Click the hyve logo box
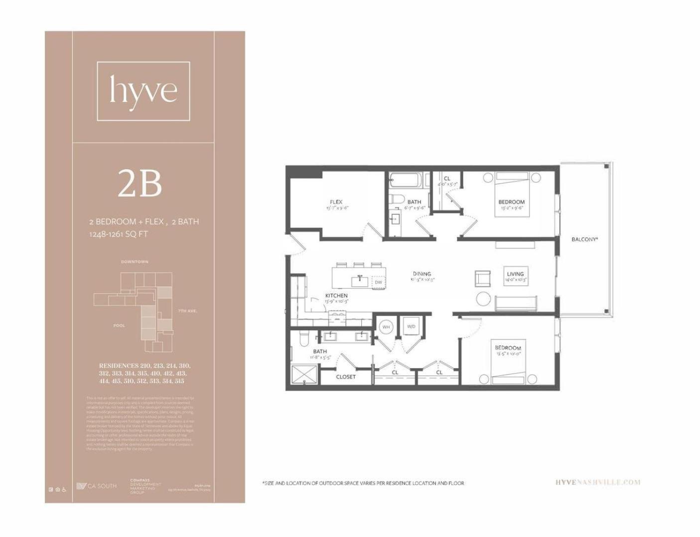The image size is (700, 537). click(x=143, y=91)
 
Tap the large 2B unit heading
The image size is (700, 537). click(x=140, y=183)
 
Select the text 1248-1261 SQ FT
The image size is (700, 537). click(x=119, y=234)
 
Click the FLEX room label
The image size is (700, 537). click(x=336, y=202)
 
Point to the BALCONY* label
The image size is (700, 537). click(x=584, y=239)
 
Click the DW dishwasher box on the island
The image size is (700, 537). click(x=378, y=282)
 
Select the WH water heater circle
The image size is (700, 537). click(x=386, y=327)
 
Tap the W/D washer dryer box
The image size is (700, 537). click(x=411, y=327)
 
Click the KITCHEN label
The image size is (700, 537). click(x=336, y=296)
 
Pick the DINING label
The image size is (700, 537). click(x=421, y=274)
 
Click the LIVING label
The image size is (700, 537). click(x=515, y=274)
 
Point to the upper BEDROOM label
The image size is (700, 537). click(x=511, y=202)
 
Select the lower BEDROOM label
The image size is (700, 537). click(x=508, y=348)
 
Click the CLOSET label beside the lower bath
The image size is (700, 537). click(x=346, y=377)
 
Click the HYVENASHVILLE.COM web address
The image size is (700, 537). click(x=597, y=482)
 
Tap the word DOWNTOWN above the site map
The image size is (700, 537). click(x=135, y=262)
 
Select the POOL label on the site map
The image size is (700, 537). click(x=119, y=325)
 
